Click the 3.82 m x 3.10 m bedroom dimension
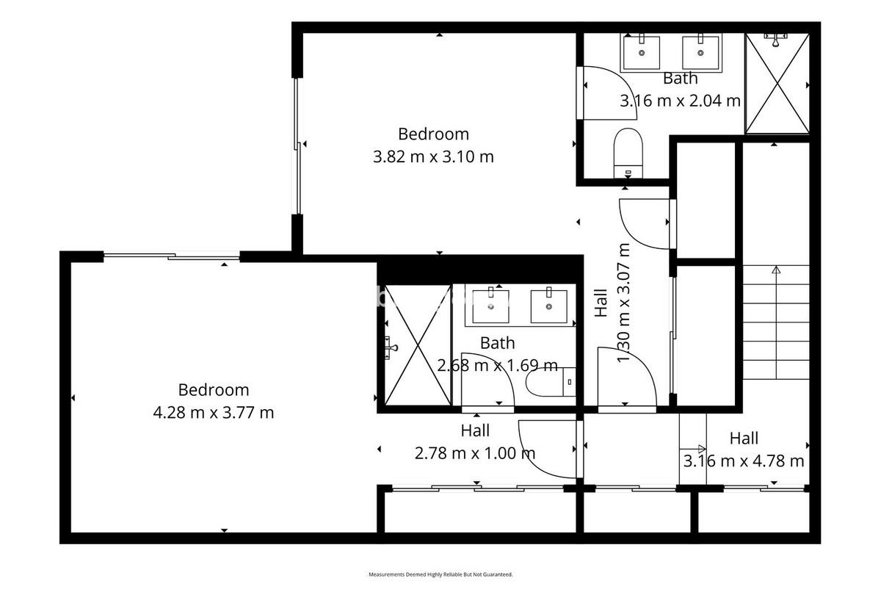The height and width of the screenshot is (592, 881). click(x=433, y=156)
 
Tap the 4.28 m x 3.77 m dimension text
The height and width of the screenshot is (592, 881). click(x=213, y=413)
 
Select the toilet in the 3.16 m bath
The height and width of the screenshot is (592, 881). click(x=628, y=153)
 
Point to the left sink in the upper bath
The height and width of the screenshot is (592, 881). click(x=642, y=51)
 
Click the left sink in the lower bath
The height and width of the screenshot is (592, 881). click(x=490, y=305)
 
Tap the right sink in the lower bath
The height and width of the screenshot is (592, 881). click(x=548, y=305)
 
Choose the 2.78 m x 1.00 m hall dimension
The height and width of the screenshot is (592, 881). click(x=475, y=453)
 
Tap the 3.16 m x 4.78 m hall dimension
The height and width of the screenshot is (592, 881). click(x=744, y=461)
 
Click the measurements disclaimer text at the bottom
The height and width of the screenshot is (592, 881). click(x=440, y=574)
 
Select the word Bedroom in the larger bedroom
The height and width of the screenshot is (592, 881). click(x=213, y=390)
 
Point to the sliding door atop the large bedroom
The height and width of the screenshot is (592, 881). click(x=172, y=256)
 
